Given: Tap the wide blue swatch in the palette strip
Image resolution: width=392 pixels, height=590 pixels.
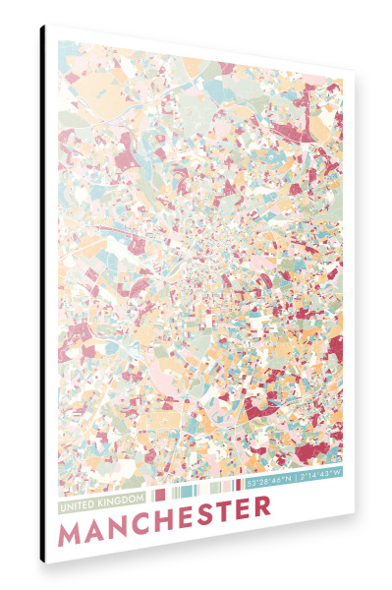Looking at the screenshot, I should tap(189, 489).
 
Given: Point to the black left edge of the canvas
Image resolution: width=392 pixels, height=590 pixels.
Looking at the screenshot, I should tap(42, 295).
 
